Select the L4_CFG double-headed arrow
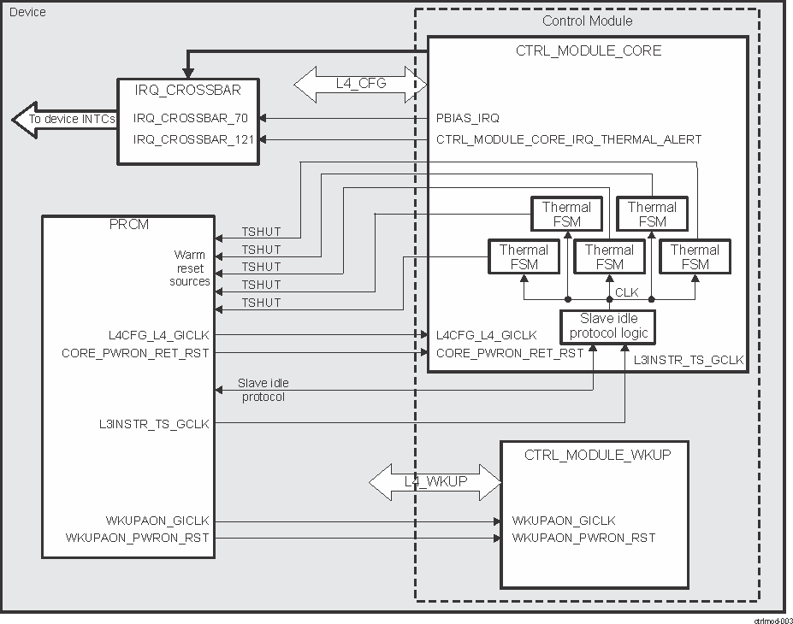[360, 83]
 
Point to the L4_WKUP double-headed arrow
[435, 481]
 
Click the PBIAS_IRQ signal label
[468, 118]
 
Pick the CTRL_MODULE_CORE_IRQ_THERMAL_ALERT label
[569, 138]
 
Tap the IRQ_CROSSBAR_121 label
[193, 138]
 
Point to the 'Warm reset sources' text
[190, 268]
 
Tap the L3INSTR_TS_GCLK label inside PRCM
[154, 423]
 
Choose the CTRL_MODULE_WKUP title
[597, 455]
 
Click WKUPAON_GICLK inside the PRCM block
[159, 521]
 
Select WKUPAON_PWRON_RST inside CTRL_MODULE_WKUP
[583, 538]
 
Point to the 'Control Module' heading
[588, 21]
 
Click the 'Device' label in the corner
[27, 12]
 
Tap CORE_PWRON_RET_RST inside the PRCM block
[135, 352]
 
